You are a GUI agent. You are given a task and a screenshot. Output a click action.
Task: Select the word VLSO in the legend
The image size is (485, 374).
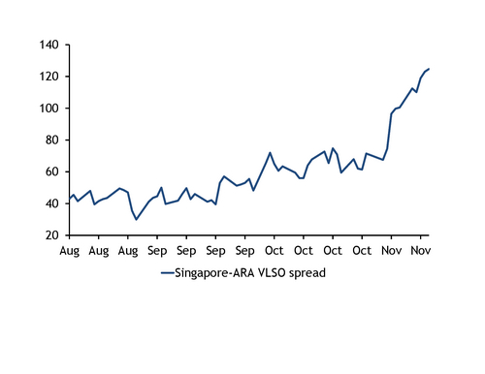[268, 273]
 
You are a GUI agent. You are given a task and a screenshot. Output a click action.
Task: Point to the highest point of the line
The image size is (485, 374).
[429, 69]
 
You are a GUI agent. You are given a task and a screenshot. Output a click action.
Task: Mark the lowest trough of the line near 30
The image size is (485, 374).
[136, 220]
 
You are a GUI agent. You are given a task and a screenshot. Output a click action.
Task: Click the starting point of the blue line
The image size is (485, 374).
[69, 200]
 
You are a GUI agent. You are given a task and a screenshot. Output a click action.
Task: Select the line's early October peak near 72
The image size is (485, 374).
[270, 153]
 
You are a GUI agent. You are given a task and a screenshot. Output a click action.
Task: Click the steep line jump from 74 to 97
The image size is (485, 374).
[390, 132]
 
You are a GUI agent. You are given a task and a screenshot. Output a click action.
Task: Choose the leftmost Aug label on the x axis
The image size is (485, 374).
[69, 251]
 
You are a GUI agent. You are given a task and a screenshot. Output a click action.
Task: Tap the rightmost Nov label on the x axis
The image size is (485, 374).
[421, 251]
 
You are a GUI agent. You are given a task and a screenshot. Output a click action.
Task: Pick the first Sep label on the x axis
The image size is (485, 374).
[157, 251]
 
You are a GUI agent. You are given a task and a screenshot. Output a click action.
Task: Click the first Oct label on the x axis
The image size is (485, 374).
[275, 251]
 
